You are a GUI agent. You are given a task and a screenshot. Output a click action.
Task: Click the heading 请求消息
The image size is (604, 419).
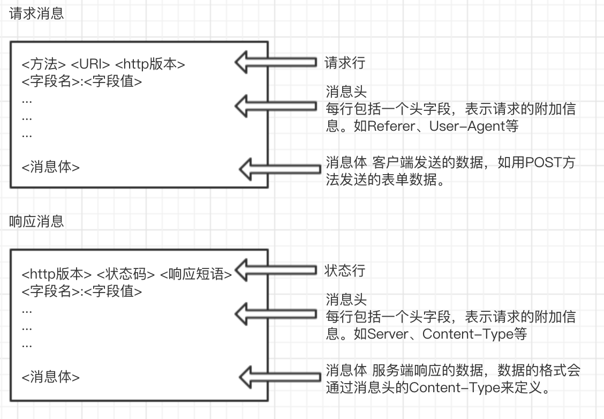point(36,14)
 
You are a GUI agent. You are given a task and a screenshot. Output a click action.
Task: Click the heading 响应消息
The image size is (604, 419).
point(36,221)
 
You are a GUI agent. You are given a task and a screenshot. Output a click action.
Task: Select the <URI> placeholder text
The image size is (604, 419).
point(90,65)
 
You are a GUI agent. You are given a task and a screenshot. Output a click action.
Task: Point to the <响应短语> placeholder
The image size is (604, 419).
point(196,274)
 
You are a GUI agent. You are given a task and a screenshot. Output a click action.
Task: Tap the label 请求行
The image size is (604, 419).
point(345,63)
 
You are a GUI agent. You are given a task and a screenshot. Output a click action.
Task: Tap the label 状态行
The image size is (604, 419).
point(345,271)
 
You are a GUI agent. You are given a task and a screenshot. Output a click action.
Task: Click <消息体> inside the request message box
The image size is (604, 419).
point(51,167)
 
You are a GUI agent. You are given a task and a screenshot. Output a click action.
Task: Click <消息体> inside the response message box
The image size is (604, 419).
point(51,377)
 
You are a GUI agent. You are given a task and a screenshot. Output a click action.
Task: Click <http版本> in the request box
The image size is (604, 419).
point(150,65)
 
